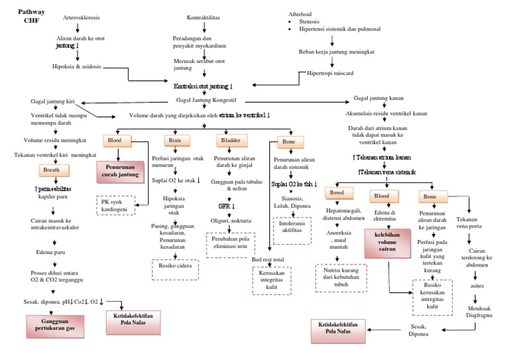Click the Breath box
(x=51, y=170)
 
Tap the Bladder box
(x=229, y=141)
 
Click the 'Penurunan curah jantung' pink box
(x=121, y=170)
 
